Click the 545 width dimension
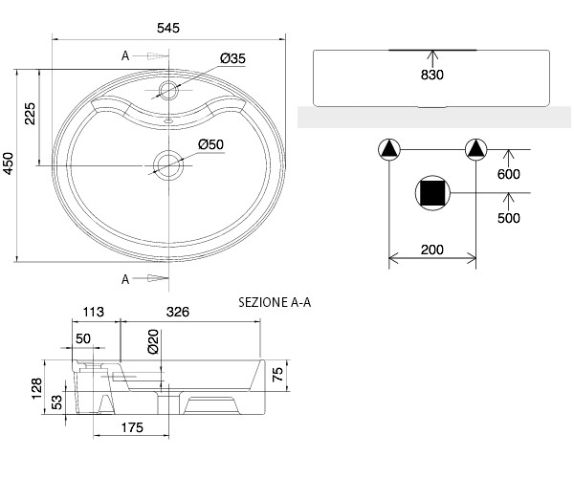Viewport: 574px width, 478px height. (x=168, y=28)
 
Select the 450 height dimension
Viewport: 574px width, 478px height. (x=8, y=163)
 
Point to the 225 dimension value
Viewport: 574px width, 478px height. (x=30, y=114)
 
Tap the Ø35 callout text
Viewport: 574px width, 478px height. (x=232, y=58)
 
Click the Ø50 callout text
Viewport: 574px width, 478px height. (x=210, y=144)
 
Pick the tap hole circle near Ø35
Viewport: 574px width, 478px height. (x=168, y=90)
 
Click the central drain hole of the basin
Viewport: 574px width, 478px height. (x=168, y=165)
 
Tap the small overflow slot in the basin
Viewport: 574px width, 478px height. (x=168, y=120)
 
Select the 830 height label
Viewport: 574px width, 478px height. (x=432, y=75)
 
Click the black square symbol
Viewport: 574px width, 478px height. (x=432, y=193)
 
